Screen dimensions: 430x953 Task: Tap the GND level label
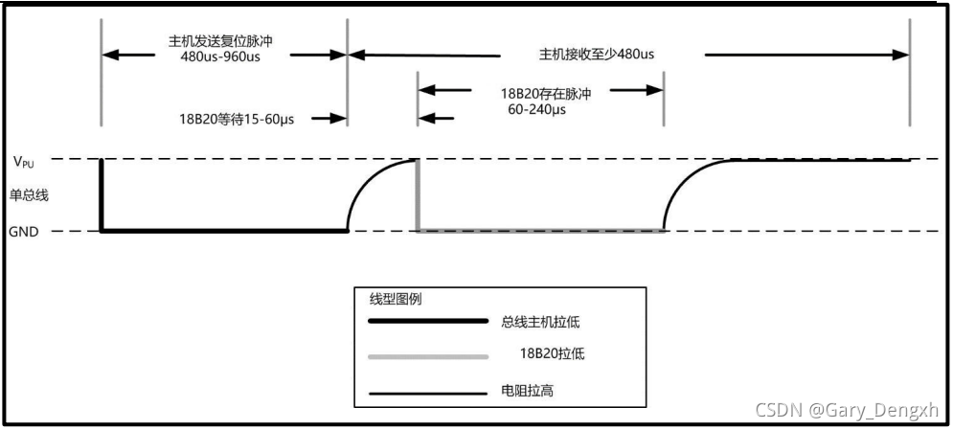point(23,231)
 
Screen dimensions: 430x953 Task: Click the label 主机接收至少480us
point(597,54)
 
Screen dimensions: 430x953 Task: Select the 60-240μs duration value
point(536,110)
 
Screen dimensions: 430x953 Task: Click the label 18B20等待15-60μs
point(238,119)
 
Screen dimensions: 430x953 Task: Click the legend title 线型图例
point(397,299)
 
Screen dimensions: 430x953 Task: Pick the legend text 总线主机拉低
point(550,322)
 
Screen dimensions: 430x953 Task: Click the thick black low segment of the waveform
point(224,231)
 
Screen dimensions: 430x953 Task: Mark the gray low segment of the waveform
point(540,231)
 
